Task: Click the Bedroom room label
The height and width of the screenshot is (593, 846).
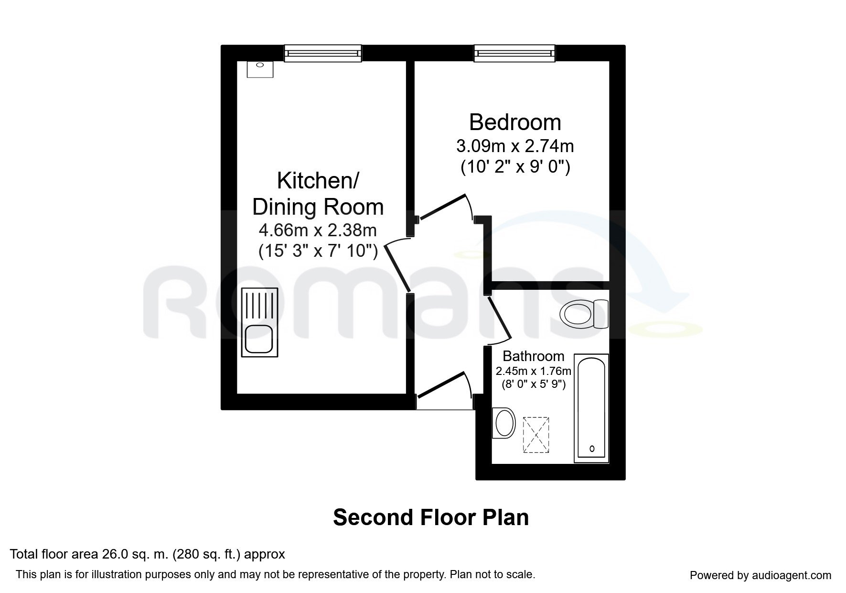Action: coord(515,122)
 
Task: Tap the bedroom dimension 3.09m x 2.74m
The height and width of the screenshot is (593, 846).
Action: coord(515,145)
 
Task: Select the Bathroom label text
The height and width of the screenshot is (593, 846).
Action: coord(533,356)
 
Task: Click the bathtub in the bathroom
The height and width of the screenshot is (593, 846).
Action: coord(591,408)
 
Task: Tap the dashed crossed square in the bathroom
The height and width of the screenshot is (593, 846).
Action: coord(536,435)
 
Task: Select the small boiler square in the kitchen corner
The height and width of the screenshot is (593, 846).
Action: coord(260,69)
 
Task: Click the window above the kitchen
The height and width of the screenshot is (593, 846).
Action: coord(322,53)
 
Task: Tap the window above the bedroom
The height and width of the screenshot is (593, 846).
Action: coord(514,53)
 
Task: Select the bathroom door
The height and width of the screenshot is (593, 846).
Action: coord(498,318)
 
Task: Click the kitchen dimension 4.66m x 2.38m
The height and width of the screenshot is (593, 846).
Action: coord(318,231)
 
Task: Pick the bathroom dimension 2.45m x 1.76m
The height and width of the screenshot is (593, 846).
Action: coord(533,371)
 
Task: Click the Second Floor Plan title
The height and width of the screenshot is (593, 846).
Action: coord(431,517)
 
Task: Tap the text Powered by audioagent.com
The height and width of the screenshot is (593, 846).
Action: coord(760,575)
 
